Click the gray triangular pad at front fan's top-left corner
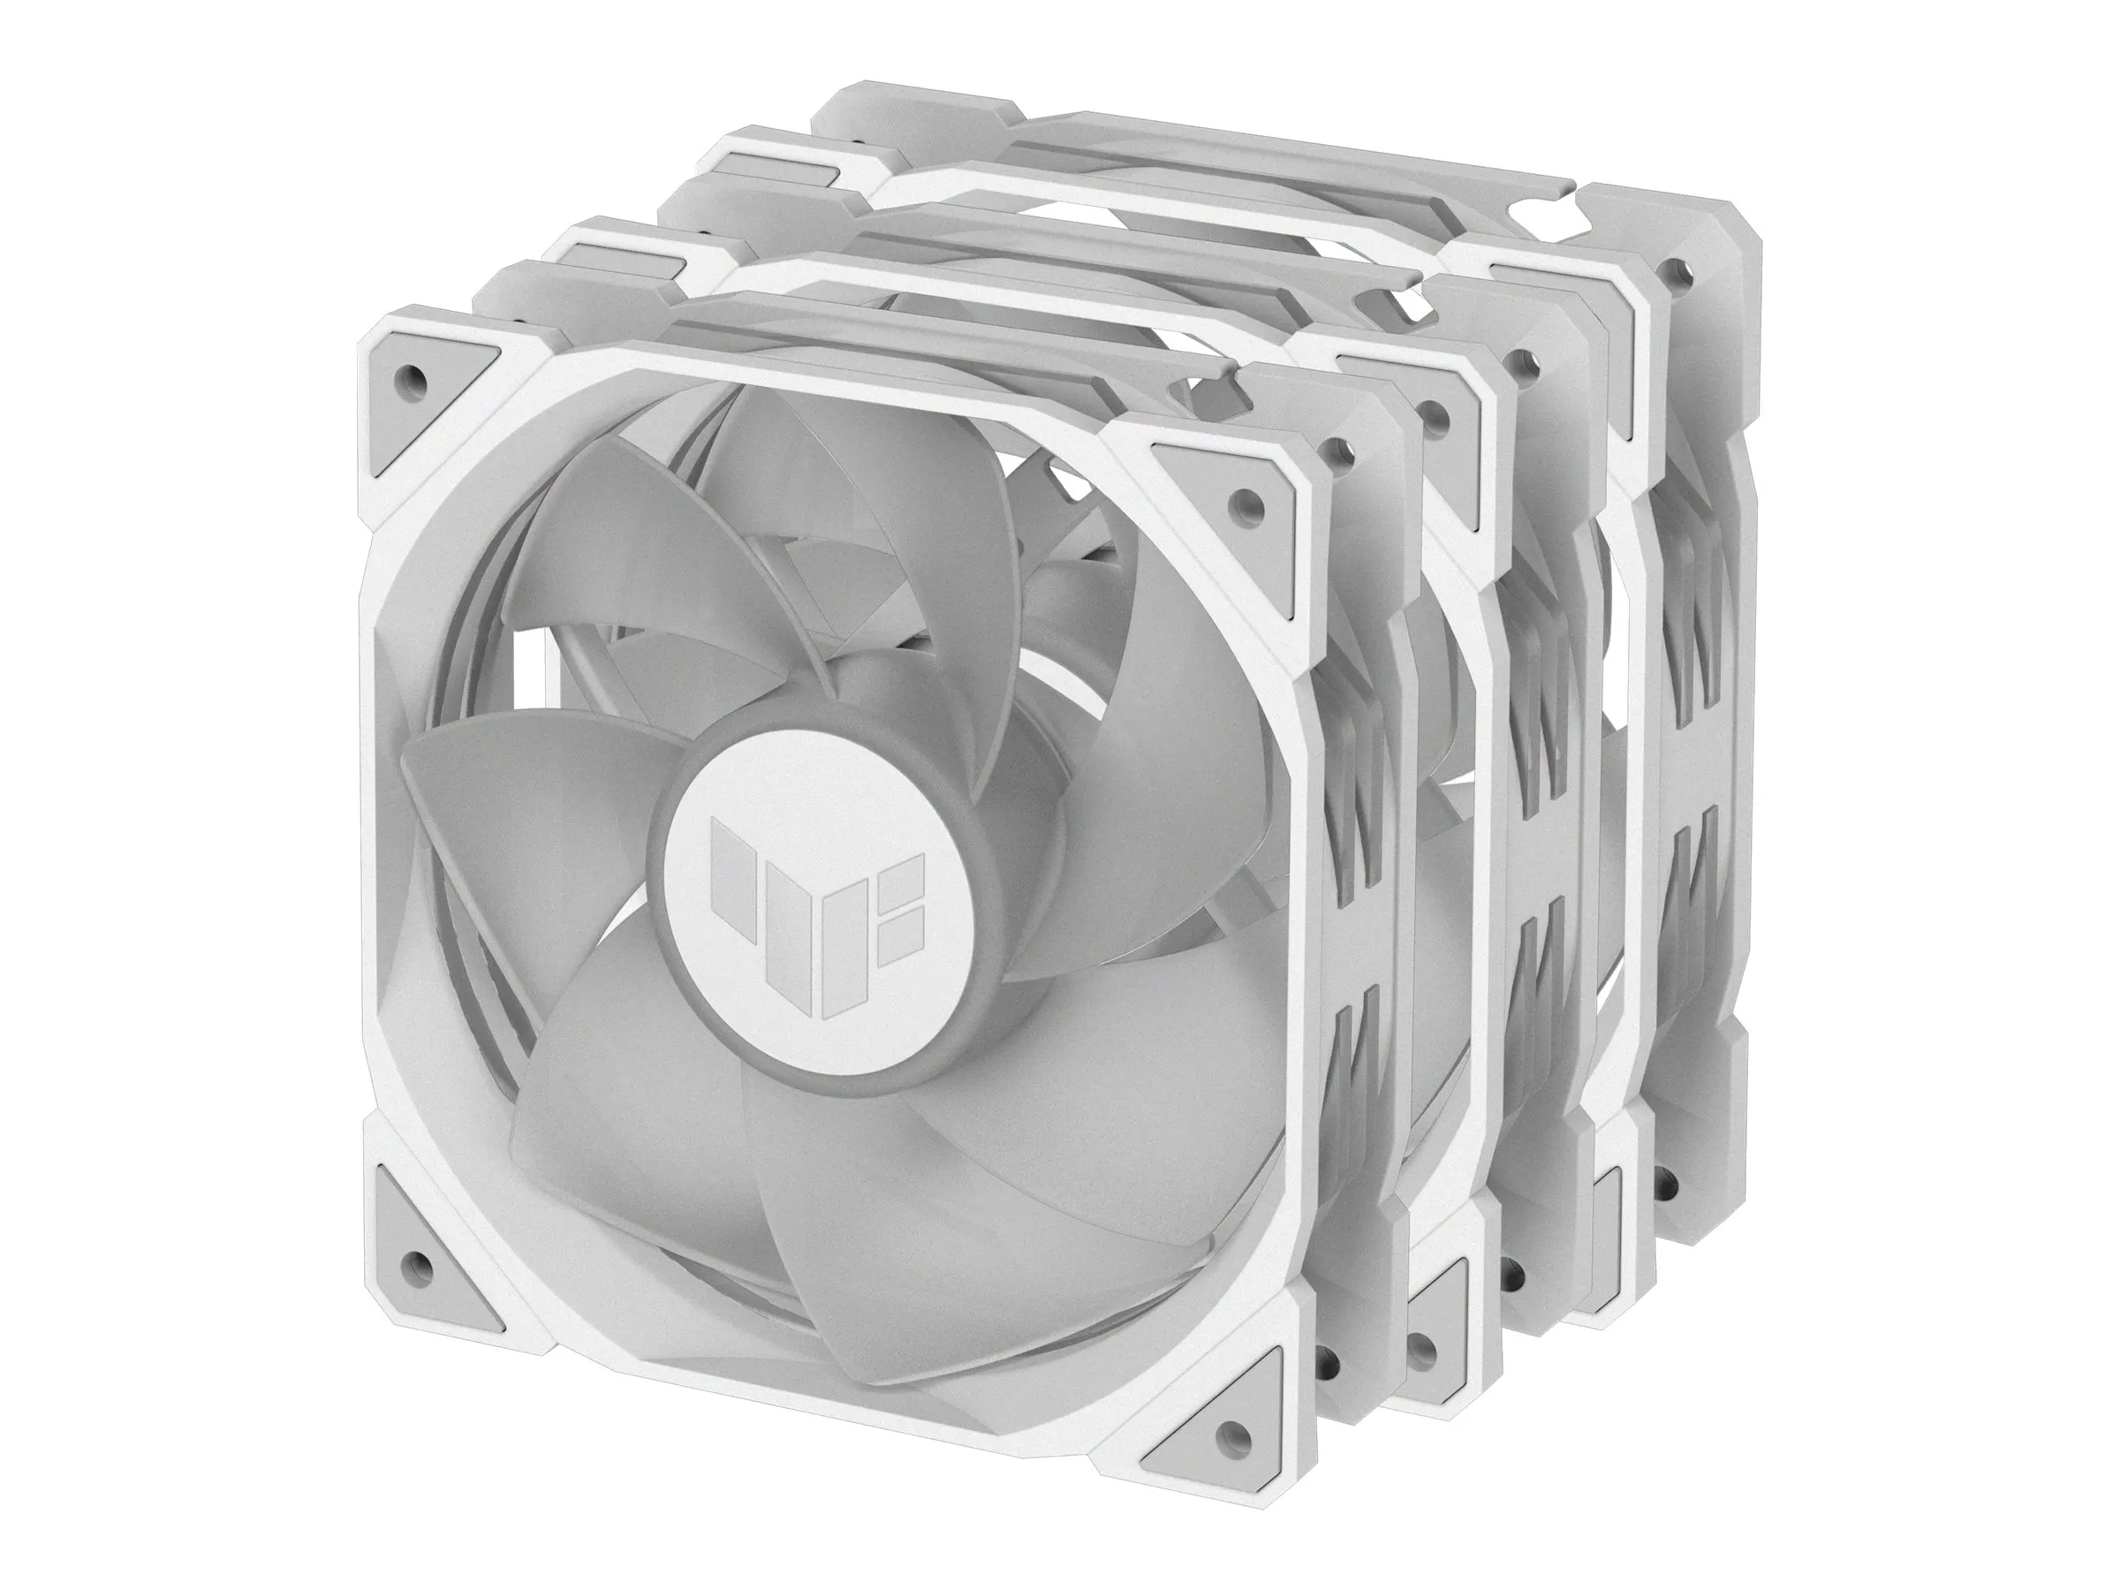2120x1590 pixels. click(x=427, y=383)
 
